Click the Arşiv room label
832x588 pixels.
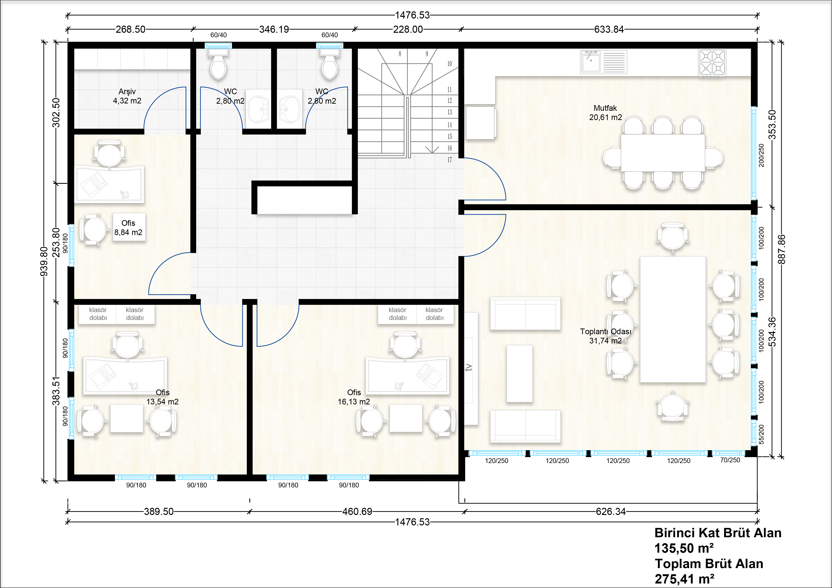pyautogui.click(x=127, y=92)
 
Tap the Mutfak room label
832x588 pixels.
pyautogui.click(x=605, y=108)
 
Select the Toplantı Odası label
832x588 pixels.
pyautogui.click(x=606, y=332)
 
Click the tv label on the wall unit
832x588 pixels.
pyautogui.click(x=469, y=367)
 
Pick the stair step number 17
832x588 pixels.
pyautogui.click(x=450, y=160)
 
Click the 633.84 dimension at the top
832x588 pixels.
pyautogui.click(x=609, y=29)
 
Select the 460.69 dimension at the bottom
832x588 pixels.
pyautogui.click(x=357, y=512)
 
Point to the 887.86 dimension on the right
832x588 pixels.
pyautogui.click(x=782, y=249)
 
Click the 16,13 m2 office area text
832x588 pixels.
pyautogui.click(x=354, y=402)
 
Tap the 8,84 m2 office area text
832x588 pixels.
pyautogui.click(x=128, y=232)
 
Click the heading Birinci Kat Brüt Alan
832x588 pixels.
pyautogui.click(x=718, y=533)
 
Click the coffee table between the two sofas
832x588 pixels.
pyautogui.click(x=519, y=374)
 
